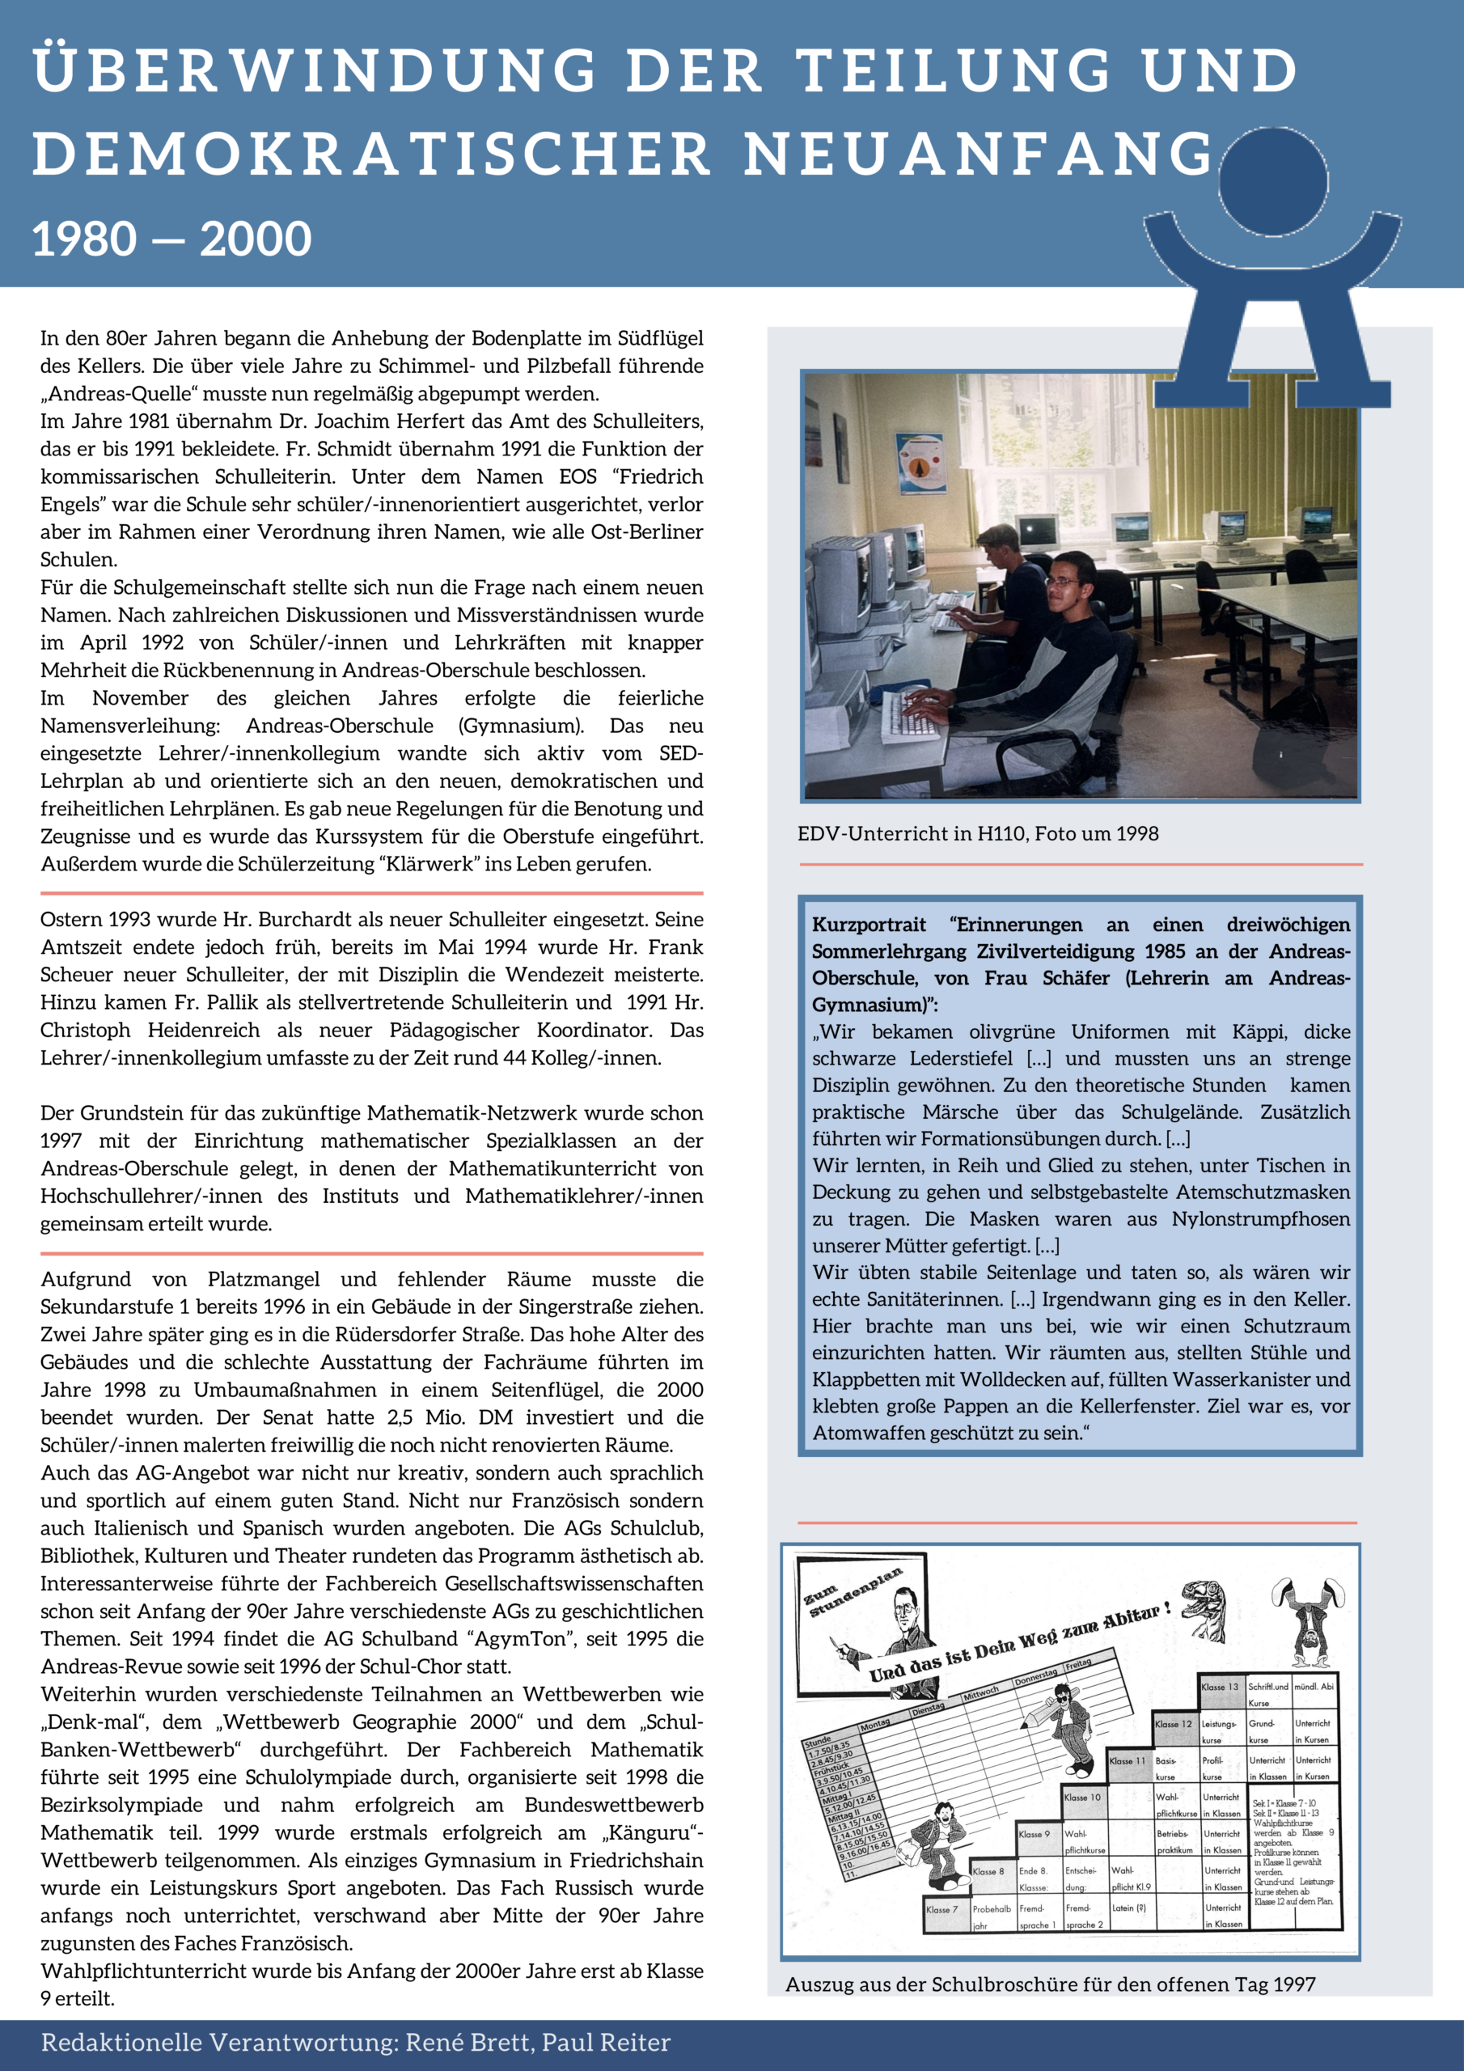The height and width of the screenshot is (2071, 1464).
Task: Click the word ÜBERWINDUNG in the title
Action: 315,70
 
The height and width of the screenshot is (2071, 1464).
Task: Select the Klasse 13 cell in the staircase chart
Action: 1220,1687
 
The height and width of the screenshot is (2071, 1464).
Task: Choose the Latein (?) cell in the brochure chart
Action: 1128,1908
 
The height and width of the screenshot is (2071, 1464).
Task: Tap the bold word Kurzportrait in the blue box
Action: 869,925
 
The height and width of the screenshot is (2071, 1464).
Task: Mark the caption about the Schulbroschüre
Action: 1050,1984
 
